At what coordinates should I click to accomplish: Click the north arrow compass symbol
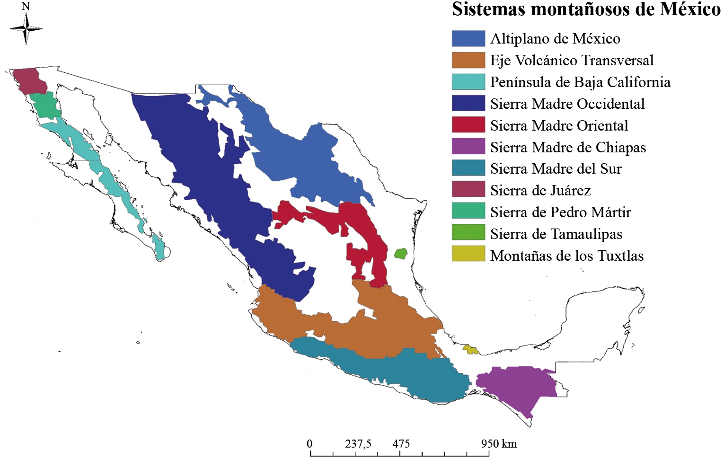tap(26, 29)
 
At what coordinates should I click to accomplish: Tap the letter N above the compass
tap(26, 6)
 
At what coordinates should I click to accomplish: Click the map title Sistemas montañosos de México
tap(586, 9)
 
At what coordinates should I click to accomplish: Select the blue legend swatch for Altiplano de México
tap(468, 39)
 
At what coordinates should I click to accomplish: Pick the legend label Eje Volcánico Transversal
tap(572, 61)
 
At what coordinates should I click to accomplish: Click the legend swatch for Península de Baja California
tap(468, 82)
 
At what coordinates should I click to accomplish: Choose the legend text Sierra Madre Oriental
tap(559, 125)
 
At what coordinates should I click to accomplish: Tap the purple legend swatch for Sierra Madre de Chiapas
tap(468, 147)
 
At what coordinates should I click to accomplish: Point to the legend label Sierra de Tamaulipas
tap(556, 234)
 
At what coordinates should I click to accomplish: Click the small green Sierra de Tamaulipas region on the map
tap(401, 254)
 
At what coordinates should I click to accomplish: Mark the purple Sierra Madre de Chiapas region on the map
tap(516, 386)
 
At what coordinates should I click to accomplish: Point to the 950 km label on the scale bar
tap(499, 444)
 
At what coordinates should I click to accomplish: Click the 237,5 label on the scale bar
tap(358, 444)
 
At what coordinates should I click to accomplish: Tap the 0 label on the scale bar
tap(309, 444)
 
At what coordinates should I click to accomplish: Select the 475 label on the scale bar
tap(401, 444)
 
